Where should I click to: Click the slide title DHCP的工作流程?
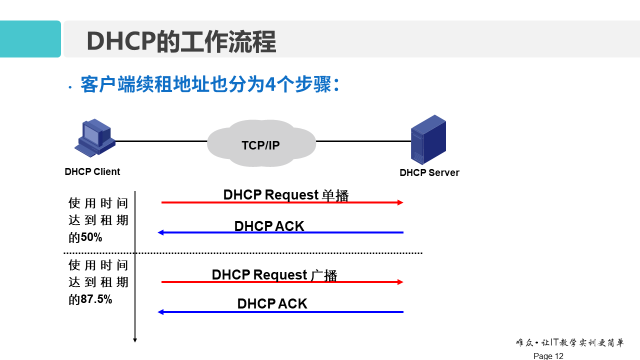point(181,41)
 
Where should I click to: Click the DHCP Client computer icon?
point(94,138)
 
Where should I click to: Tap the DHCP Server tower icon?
point(428,139)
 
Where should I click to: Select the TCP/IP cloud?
point(261,144)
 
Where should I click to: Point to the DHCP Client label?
point(92,172)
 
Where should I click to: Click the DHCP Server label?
point(429,173)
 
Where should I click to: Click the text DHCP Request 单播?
point(285,194)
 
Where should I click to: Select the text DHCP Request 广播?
point(274,275)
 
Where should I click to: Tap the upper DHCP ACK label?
point(269,226)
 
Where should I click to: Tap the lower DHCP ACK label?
point(272,303)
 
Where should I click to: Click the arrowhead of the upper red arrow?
point(400,202)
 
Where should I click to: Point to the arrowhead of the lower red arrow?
point(400,282)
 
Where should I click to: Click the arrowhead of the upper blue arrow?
point(160,232)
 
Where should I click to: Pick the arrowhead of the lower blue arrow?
point(160,312)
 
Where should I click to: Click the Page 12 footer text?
point(548,356)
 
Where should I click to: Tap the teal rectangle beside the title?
point(30,39)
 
